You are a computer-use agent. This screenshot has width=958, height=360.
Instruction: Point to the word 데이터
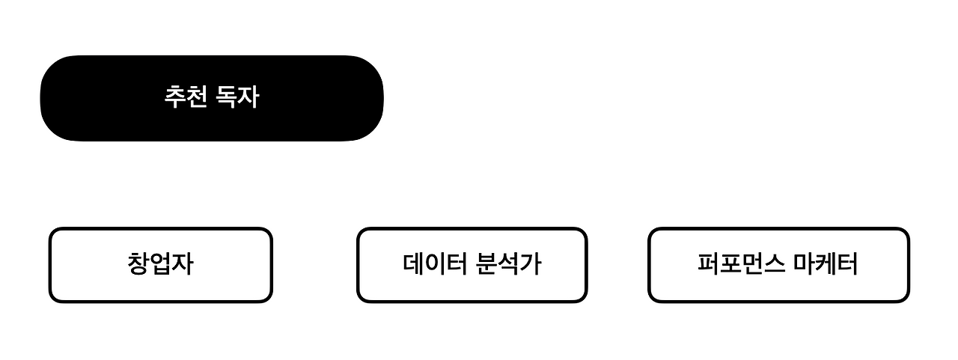point(435,264)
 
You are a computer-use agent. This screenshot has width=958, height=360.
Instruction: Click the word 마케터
point(826,264)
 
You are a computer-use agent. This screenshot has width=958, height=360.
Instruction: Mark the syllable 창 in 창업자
point(138,264)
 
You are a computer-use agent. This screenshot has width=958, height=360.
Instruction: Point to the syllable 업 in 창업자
point(160,264)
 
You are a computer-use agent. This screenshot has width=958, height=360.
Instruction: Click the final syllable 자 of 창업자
point(182,264)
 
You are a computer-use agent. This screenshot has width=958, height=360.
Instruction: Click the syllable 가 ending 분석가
point(530,264)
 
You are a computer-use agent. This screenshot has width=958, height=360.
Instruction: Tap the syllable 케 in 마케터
point(826,264)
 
